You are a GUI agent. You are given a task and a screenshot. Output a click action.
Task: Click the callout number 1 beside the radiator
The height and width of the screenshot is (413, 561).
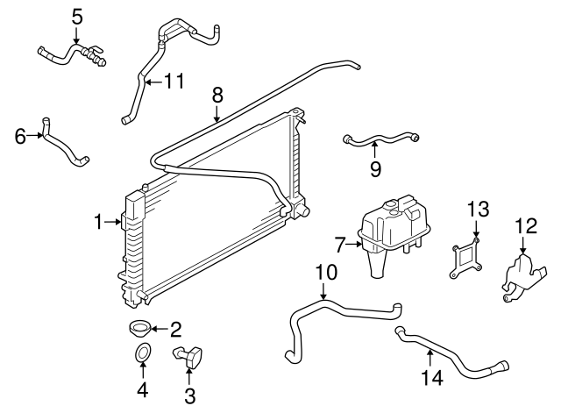point(99,222)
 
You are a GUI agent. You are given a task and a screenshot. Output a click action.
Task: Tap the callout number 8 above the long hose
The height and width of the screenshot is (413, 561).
point(217,94)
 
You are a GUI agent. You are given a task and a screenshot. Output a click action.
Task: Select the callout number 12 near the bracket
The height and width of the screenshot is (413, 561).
point(524,227)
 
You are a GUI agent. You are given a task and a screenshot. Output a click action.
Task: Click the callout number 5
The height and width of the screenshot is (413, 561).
point(77,16)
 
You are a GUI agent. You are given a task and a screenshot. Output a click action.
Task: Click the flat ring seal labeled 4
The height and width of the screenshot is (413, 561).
point(143,353)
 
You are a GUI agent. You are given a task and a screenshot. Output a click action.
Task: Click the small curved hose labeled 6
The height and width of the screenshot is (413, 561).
point(67,146)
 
